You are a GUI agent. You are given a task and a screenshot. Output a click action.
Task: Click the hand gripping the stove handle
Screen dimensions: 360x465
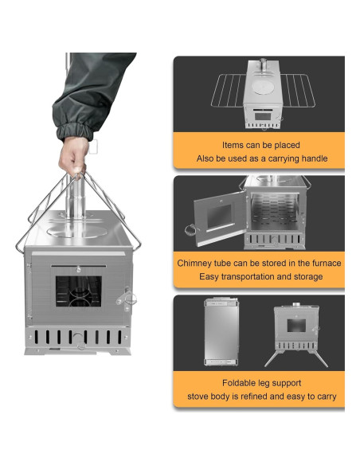[x=73, y=156]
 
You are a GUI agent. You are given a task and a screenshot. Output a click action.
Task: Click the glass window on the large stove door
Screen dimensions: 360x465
[x=79, y=291]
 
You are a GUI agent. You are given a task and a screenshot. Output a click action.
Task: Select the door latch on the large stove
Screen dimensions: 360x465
[x=127, y=298]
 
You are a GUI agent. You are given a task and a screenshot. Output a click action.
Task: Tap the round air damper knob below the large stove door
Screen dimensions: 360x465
[x=79, y=339]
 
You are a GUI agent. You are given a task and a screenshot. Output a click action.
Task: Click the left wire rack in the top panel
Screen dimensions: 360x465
[x=229, y=90]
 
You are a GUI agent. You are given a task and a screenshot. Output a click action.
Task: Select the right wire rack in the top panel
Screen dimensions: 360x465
[x=298, y=90]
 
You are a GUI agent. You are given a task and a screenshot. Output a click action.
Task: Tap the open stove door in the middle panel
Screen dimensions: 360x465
[x=221, y=218]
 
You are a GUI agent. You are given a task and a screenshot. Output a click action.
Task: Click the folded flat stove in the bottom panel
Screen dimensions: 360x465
[x=221, y=332]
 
